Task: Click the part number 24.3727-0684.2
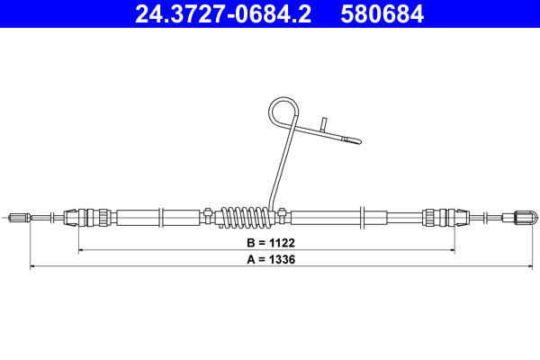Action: [223, 14]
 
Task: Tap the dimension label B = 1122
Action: [271, 243]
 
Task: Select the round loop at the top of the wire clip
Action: [283, 114]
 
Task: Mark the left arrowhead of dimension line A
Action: [33, 266]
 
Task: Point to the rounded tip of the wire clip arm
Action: [357, 139]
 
